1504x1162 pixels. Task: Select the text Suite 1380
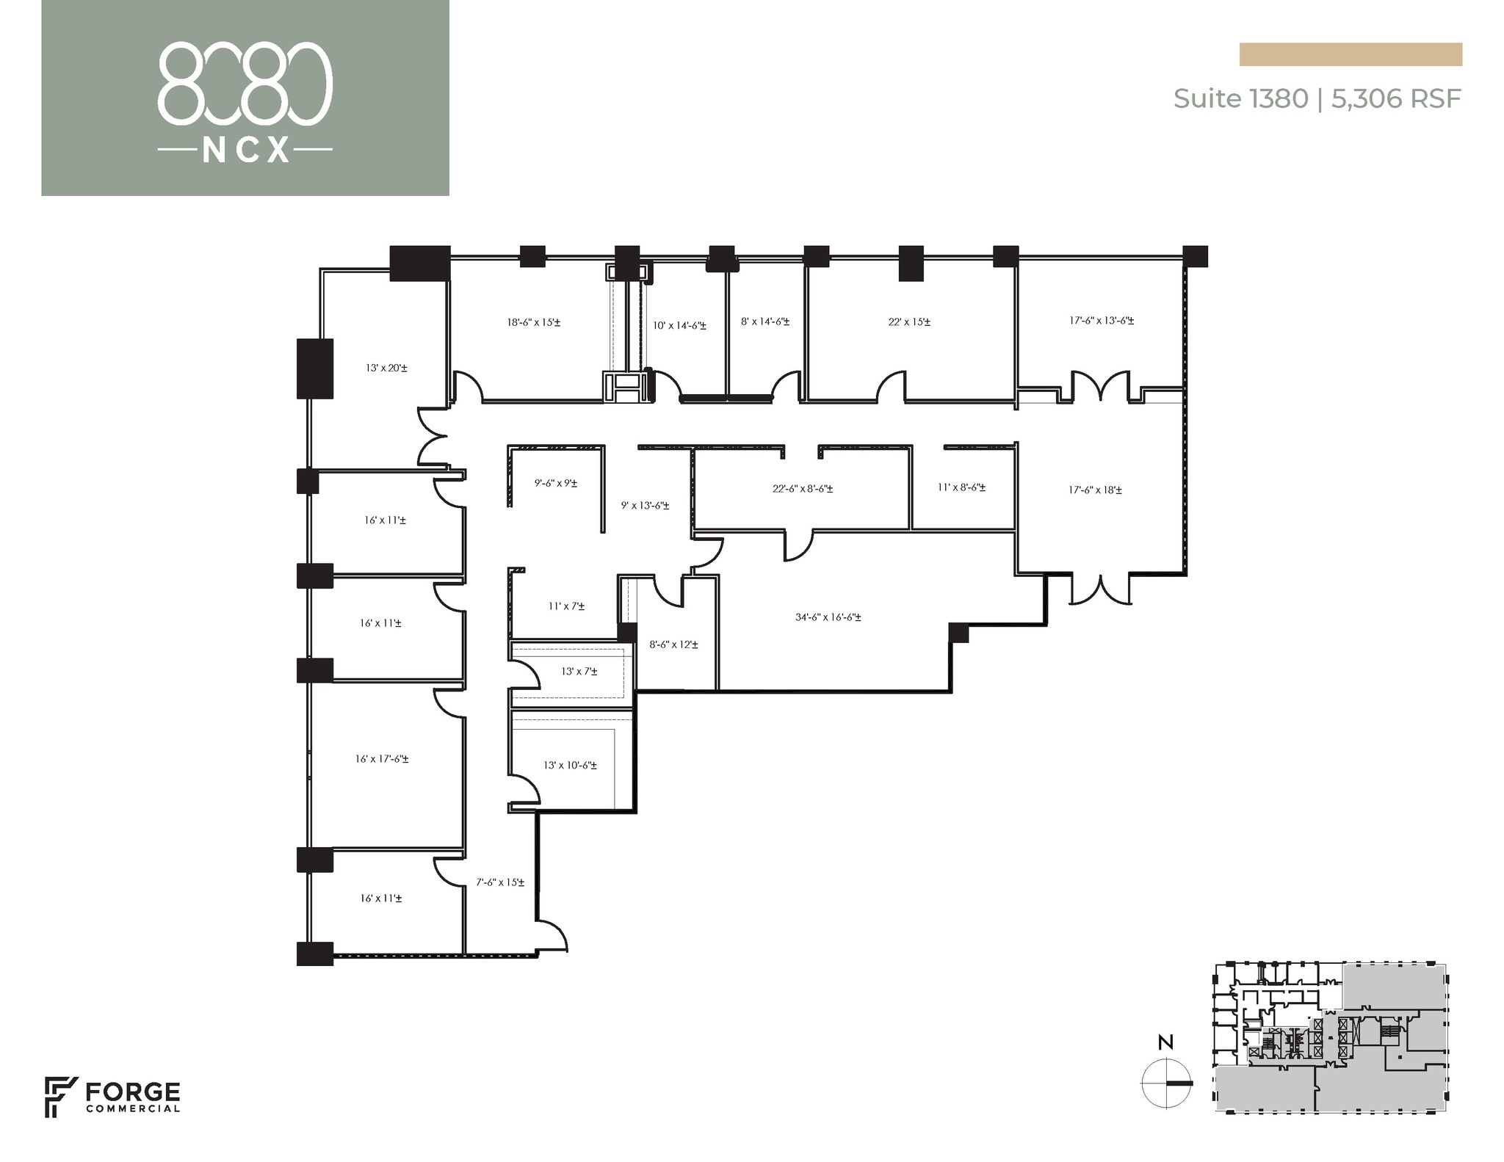pos(1240,98)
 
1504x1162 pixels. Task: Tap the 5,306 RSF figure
pos(1395,98)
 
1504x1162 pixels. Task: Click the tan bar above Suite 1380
pos(1350,54)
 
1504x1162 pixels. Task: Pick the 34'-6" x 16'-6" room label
pos(828,617)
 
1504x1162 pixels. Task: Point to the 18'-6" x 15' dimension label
pos(533,322)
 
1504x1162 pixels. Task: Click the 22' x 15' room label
pos(909,322)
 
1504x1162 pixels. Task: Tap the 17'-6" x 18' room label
pos(1094,490)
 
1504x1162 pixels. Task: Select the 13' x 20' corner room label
pos(386,368)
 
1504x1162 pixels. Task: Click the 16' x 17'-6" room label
pos(382,759)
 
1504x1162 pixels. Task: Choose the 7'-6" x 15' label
pos(500,882)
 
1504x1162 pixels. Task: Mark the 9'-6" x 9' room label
pos(555,483)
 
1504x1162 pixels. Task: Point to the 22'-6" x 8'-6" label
pos(802,488)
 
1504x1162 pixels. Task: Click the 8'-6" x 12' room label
pos(673,644)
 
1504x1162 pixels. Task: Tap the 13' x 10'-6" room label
pos(570,765)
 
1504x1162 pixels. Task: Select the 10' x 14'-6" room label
pos(679,325)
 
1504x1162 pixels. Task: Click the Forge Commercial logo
pos(112,1097)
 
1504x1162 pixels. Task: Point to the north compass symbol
pos(1166,1083)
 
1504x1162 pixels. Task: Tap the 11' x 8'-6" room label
pos(961,487)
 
